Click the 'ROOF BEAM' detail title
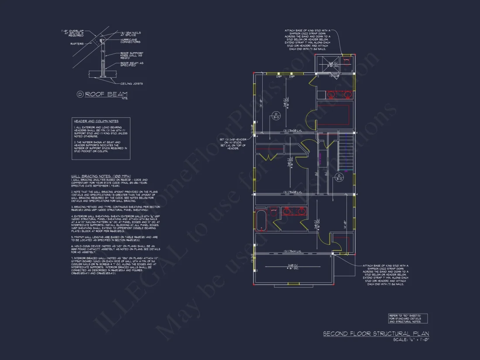[x=106, y=94]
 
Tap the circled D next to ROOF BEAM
[x=80, y=94]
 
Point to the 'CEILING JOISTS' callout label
[x=132, y=83]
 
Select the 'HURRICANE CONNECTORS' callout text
[x=129, y=41]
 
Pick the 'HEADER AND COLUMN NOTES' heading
[x=96, y=121]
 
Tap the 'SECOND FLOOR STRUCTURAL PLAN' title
[x=376, y=333]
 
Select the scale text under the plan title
[x=411, y=339]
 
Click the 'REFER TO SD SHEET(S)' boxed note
[x=408, y=318]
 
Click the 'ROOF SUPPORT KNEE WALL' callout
[x=133, y=55]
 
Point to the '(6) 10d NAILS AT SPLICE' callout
[x=130, y=33]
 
